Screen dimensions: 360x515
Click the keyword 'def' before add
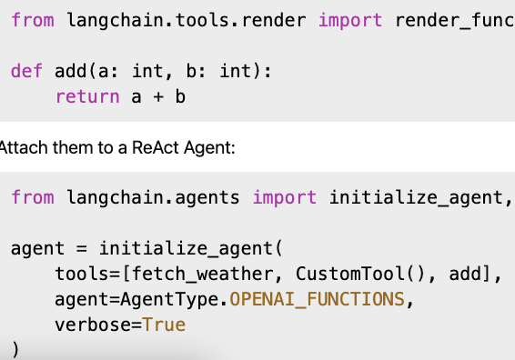[27, 71]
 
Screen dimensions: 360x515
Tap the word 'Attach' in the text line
[20, 146]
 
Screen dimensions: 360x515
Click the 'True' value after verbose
[164, 325]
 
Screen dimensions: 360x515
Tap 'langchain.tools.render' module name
[187, 20]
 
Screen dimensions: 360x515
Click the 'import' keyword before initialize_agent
[285, 197]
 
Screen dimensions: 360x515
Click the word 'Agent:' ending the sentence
[211, 146]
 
